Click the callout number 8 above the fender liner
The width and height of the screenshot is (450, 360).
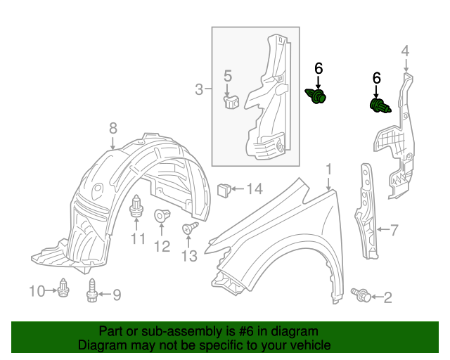(x=113, y=128)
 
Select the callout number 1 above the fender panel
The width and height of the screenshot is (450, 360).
(x=329, y=169)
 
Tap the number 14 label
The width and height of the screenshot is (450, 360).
(x=255, y=189)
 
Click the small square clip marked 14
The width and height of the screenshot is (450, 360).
(x=224, y=190)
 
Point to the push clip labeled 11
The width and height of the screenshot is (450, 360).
(x=136, y=206)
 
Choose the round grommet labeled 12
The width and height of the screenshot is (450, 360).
(x=162, y=215)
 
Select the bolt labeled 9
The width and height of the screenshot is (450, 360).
(x=91, y=290)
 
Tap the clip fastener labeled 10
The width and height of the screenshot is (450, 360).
(x=63, y=288)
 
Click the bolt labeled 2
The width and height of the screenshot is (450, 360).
(x=361, y=295)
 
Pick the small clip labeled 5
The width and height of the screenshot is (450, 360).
(x=231, y=102)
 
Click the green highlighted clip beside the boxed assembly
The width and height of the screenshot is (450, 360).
(x=316, y=96)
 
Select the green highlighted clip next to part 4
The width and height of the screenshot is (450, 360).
(x=380, y=105)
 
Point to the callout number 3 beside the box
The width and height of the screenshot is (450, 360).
(x=199, y=89)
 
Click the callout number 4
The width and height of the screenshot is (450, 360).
(x=405, y=51)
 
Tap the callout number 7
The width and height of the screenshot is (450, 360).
(x=394, y=230)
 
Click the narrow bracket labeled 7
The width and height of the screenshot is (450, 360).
(x=366, y=211)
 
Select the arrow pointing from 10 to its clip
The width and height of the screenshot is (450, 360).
(x=51, y=290)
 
